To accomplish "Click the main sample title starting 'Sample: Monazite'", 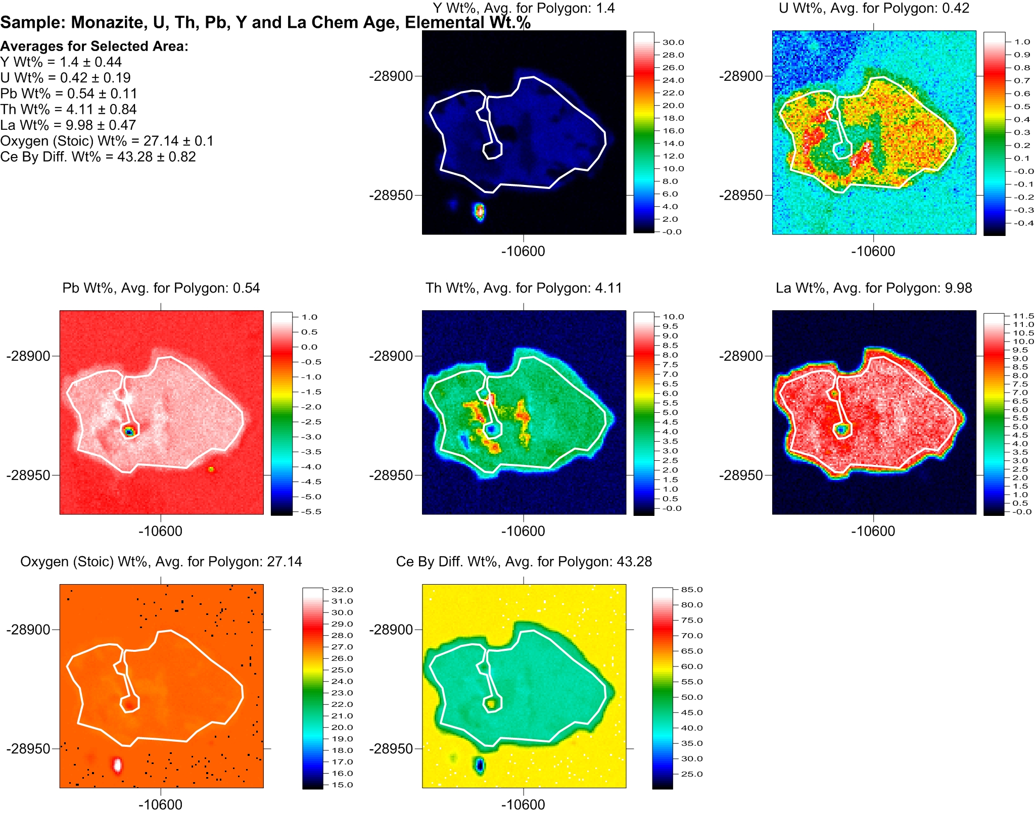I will (265, 23).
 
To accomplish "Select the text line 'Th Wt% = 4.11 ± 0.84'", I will (68, 109).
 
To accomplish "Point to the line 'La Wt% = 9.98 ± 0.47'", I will (68, 125).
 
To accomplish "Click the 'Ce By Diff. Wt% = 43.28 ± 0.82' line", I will (98, 157).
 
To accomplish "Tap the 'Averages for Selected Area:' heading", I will (94, 46).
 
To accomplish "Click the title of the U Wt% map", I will (874, 8).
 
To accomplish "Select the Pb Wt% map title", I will (161, 288).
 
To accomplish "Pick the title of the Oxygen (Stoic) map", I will (161, 562).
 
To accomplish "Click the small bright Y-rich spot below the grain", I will (480, 211).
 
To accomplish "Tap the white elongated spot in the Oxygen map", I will (117, 764).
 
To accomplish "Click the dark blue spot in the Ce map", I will (479, 765).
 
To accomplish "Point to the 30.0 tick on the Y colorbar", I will (673, 42).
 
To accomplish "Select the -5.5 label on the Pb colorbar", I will (311, 511).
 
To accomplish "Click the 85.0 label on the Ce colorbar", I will (691, 590).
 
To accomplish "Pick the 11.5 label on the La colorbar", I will (1023, 316).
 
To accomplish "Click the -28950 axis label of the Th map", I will (391, 475).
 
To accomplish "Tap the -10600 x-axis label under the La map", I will (873, 531).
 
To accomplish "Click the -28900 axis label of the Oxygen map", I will (28, 630).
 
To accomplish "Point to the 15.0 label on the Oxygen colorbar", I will (342, 785).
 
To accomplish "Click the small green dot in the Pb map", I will (211, 469).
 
